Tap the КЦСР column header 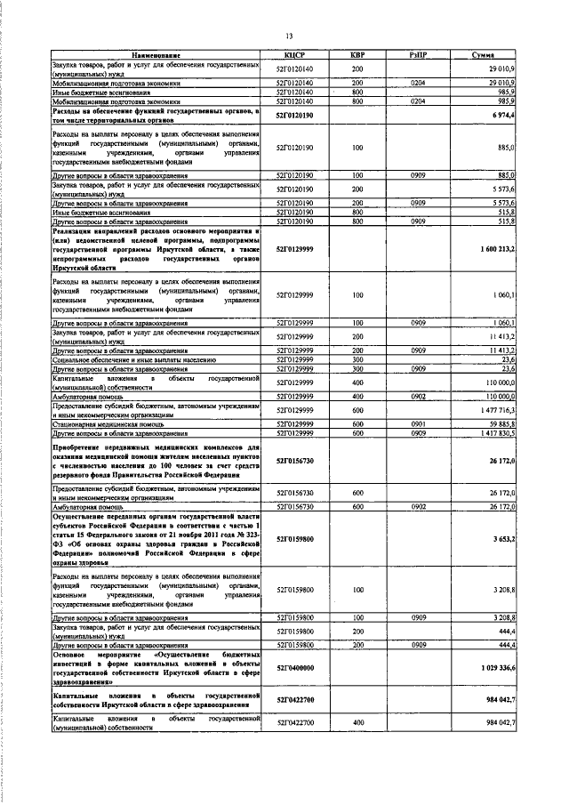point(295,56)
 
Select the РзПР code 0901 point(419,424)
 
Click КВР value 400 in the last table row point(357,726)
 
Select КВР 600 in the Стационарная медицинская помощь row point(357,424)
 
